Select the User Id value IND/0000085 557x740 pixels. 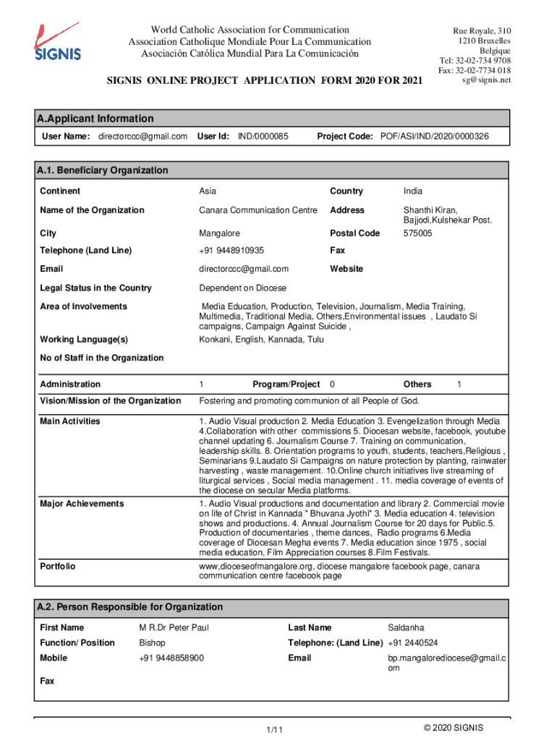pos(263,137)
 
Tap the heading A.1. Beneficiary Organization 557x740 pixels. pos(102,171)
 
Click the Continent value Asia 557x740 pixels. pos(208,192)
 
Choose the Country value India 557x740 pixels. pos(413,192)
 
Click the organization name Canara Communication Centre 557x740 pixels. pos(258,210)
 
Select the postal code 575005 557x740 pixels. pos(418,233)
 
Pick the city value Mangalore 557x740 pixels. pos(220,233)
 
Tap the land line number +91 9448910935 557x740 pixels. pos(231,251)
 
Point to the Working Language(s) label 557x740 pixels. pos(84,340)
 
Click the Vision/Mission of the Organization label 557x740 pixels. pos(110,401)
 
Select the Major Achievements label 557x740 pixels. pos(82,504)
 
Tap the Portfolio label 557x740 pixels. pos(58,567)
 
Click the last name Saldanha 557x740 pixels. pos(407,628)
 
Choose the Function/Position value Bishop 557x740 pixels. pos(152,643)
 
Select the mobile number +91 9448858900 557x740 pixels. pos(171,658)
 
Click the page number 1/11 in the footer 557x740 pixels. pos(273,731)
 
